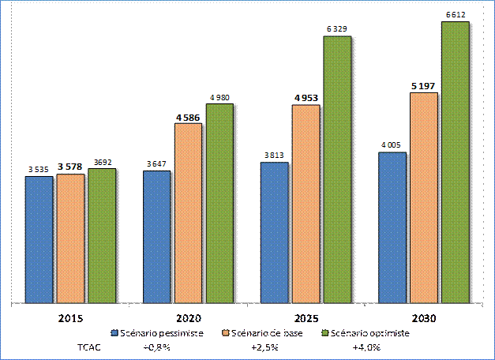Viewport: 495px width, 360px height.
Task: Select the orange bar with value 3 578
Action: click(x=70, y=238)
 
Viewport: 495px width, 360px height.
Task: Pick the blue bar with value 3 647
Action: click(x=156, y=236)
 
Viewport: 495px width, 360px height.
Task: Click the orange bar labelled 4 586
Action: click(x=188, y=212)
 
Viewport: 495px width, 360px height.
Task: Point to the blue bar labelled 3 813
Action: click(x=274, y=232)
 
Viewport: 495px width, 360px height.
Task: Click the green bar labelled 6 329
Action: click(x=337, y=169)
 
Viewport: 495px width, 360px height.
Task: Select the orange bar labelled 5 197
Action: click(x=424, y=197)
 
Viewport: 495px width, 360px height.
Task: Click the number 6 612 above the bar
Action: click(x=456, y=14)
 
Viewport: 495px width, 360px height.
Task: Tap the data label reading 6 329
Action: click(x=337, y=28)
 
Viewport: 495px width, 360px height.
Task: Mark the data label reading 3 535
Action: click(x=39, y=169)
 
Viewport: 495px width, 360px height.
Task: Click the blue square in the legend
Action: click(x=115, y=333)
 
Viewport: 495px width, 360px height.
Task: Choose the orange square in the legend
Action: click(x=226, y=333)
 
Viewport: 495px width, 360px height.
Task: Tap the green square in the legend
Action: click(x=325, y=333)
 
